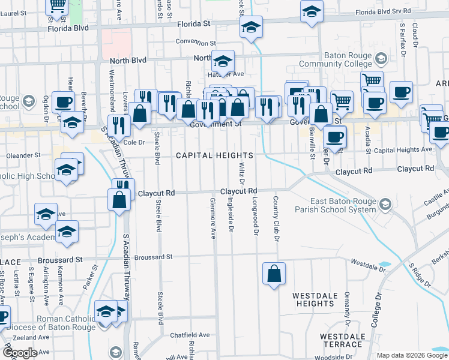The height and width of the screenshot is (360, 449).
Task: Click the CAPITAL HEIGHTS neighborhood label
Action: click(214, 155)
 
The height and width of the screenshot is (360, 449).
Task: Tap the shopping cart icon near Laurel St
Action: click(58, 6)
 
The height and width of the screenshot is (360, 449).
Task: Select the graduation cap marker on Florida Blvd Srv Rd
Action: click(312, 13)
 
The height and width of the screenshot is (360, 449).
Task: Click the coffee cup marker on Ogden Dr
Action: click(62, 101)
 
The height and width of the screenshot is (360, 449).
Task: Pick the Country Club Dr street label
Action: click(277, 219)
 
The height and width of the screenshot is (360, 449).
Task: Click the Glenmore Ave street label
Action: click(213, 218)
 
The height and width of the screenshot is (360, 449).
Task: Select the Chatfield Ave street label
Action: click(190, 335)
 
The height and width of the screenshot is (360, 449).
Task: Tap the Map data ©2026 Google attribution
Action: click(412, 355)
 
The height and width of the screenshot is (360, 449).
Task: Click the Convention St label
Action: click(196, 43)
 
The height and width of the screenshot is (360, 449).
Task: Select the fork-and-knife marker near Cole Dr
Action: click(121, 125)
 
